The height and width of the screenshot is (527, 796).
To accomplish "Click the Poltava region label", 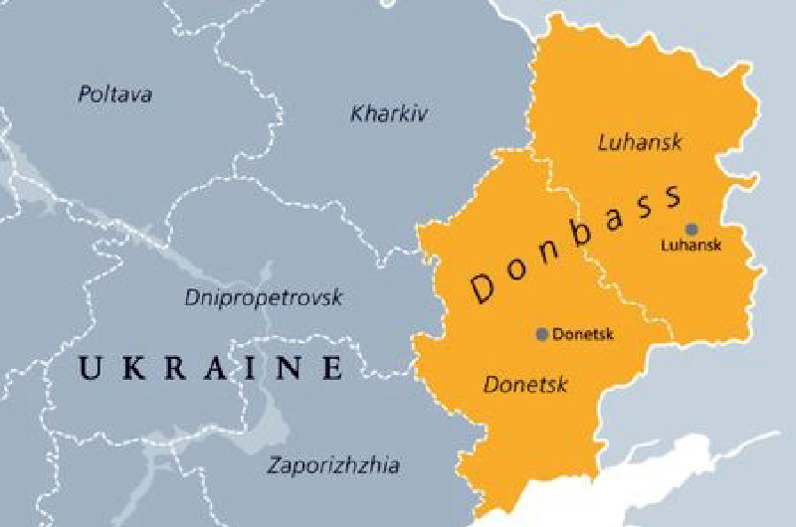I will [114, 95].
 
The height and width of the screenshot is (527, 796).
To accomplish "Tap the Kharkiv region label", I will [389, 114].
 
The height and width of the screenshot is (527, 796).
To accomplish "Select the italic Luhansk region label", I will [640, 142].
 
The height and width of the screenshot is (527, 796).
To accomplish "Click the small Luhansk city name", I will [691, 245].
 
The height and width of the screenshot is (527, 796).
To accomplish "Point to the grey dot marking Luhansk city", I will [692, 229].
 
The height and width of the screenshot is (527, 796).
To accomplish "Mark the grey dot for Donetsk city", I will [541, 334].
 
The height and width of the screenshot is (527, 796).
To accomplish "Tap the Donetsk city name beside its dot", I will [582, 334].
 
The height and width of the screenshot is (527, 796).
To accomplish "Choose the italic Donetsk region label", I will [525, 384].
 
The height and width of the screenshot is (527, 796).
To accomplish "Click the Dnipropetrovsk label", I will [264, 296].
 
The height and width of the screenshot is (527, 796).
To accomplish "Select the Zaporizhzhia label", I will [333, 464].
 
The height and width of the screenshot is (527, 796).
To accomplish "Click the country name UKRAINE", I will [211, 369].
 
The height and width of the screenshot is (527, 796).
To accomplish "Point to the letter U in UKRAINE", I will [90, 369].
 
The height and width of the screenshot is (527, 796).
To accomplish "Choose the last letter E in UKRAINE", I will [332, 369].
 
